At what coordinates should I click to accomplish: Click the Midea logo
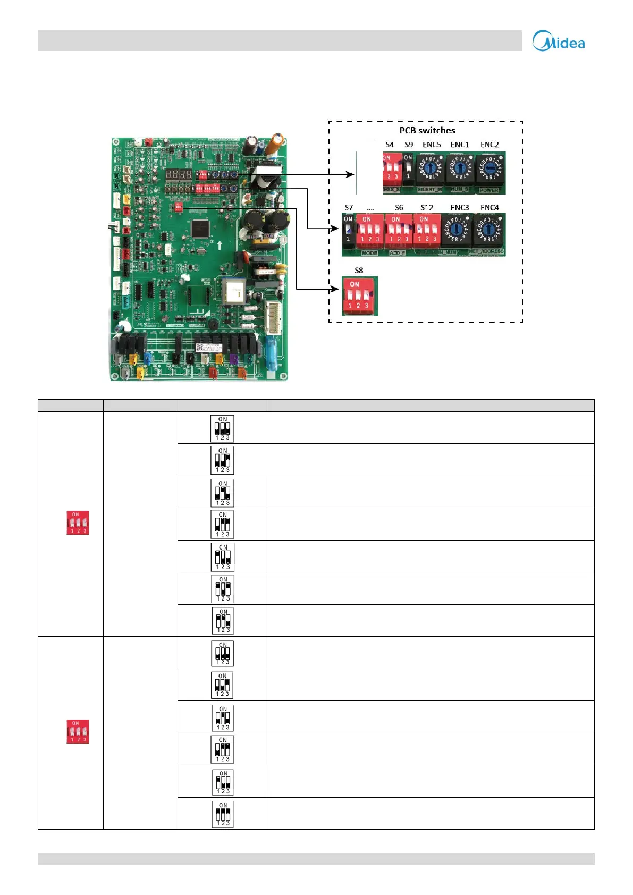tap(559, 41)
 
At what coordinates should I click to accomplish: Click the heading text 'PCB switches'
tap(427, 130)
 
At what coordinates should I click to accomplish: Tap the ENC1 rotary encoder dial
tap(460, 169)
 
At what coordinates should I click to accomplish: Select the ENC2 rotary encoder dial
tap(489, 169)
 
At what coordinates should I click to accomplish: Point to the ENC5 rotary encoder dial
tap(431, 169)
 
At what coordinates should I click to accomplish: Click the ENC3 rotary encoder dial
tap(456, 231)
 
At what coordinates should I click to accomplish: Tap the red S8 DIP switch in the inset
tap(359, 295)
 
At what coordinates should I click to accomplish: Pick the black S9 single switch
tap(408, 168)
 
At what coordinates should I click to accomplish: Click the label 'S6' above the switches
tap(399, 207)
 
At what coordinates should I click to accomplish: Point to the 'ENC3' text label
tap(460, 207)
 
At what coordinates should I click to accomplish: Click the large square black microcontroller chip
tap(200, 228)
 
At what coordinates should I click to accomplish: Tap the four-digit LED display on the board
tap(178, 174)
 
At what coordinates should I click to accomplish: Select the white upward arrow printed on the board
tap(220, 246)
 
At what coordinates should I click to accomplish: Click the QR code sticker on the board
tap(200, 348)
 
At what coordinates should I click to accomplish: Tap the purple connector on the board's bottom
tap(233, 359)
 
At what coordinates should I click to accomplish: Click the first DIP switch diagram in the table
tap(222, 428)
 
